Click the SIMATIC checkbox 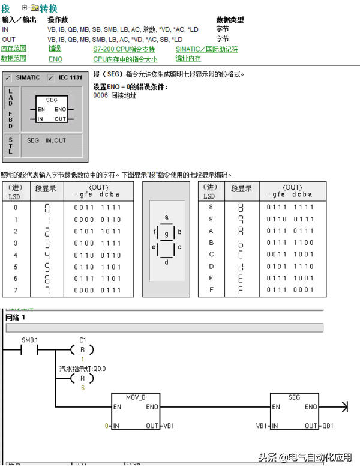pyautogui.click(x=8, y=77)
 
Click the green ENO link pyautogui.click(x=55, y=59)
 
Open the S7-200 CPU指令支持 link pyautogui.click(x=124, y=49)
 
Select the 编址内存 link pyautogui.click(x=188, y=59)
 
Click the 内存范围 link pyautogui.click(x=14, y=49)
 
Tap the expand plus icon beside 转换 pyautogui.click(x=24, y=8)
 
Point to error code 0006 pyautogui.click(x=100, y=95)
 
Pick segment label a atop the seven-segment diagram pyautogui.click(x=166, y=217)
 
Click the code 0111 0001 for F pyautogui.click(x=290, y=290)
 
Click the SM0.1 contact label pyautogui.click(x=30, y=340)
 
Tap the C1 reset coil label pyautogui.click(x=83, y=340)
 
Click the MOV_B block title pyautogui.click(x=136, y=397)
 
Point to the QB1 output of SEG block pyautogui.click(x=328, y=426)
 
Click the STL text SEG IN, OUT pyautogui.click(x=46, y=140)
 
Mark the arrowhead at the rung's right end pyautogui.click(x=344, y=407)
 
